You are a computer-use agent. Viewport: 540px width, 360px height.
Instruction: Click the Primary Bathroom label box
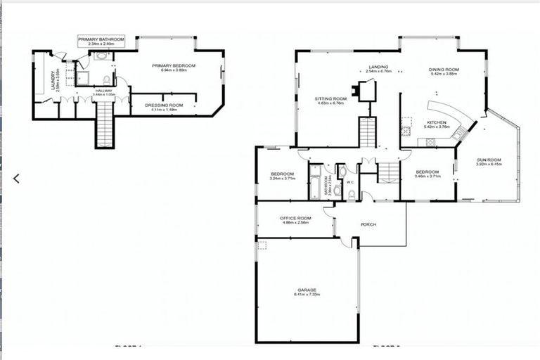tap(101, 41)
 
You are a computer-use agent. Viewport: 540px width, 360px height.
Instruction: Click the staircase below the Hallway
tap(104, 124)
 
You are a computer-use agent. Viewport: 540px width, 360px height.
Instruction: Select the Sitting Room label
tap(330, 101)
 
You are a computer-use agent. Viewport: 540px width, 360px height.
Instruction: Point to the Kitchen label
tap(437, 124)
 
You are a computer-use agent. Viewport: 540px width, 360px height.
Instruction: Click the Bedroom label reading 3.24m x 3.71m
tap(282, 176)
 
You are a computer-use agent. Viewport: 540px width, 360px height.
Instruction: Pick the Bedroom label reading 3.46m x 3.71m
tap(427, 174)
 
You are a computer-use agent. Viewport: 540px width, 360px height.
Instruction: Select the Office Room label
tap(295, 220)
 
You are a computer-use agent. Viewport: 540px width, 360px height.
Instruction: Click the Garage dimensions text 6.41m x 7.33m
tap(307, 294)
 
